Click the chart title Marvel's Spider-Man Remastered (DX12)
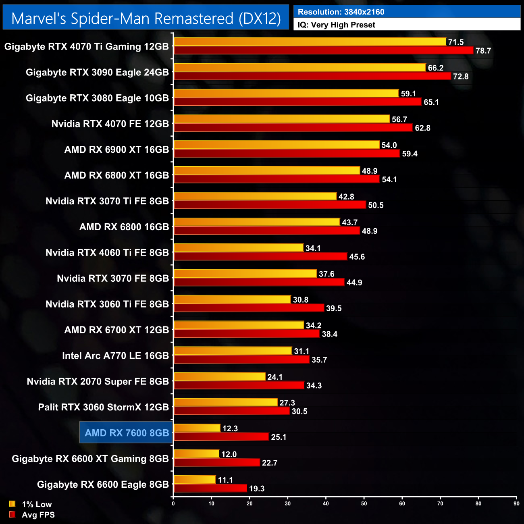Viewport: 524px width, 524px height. (x=146, y=19)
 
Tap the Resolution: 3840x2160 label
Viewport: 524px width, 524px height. (x=341, y=12)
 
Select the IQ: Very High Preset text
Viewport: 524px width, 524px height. (x=336, y=25)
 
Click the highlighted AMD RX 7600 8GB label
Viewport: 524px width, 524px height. (x=127, y=433)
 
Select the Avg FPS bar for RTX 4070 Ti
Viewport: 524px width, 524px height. (x=323, y=50)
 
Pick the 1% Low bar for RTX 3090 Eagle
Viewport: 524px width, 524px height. (x=299, y=67)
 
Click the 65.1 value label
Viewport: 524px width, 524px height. (x=431, y=102)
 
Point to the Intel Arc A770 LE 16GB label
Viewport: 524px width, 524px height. (x=115, y=356)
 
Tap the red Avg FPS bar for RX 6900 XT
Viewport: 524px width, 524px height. (x=287, y=153)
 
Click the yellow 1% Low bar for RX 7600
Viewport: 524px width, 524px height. (x=197, y=428)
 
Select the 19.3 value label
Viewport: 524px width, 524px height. (x=257, y=489)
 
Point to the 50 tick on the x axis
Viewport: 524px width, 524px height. (x=364, y=503)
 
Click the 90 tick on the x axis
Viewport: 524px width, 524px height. (x=516, y=503)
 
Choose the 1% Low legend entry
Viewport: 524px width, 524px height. (x=31, y=504)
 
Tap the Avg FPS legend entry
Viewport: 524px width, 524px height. (x=32, y=515)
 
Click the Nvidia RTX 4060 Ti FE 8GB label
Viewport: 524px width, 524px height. (x=107, y=253)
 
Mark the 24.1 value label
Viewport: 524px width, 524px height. (x=274, y=377)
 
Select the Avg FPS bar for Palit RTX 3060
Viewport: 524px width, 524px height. (x=232, y=411)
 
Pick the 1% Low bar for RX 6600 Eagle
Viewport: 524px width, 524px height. (x=195, y=480)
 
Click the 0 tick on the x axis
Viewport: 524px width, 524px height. (x=173, y=503)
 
